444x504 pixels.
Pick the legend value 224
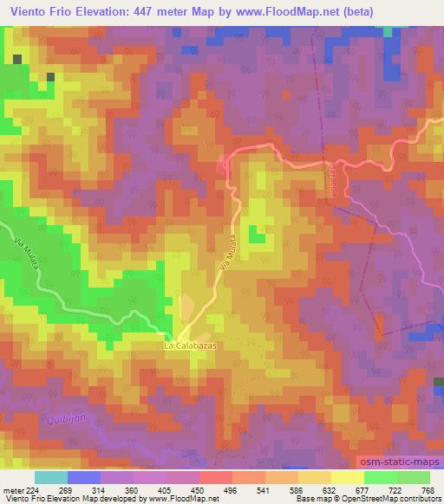(34, 490)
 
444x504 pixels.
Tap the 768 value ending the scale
(428, 490)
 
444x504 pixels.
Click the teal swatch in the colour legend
(51, 477)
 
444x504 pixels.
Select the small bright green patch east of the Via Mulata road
(257, 234)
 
